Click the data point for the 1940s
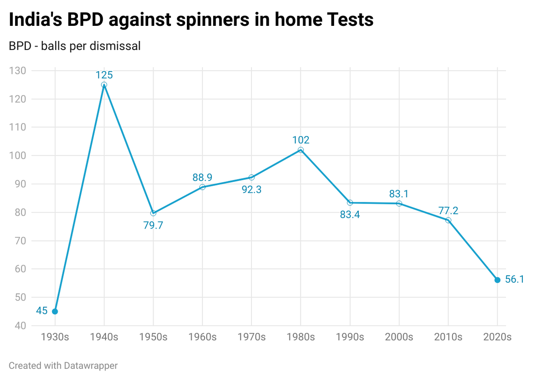pos(104,85)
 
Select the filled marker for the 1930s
pos(55,311)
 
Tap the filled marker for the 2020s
pos(497,280)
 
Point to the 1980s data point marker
pos(301,150)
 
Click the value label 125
pos(104,75)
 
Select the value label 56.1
pos(515,279)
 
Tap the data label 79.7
pos(154,225)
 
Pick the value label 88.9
pos(202,177)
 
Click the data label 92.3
pos(251,189)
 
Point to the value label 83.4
pos(350,215)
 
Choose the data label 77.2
pos(448,210)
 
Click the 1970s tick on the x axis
pos(251,337)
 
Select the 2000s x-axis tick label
pos(399,337)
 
